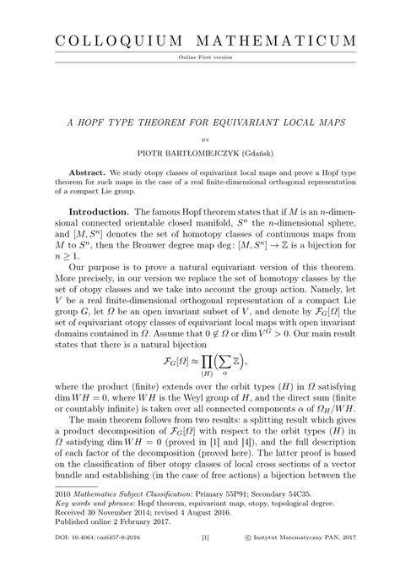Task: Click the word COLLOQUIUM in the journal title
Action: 114,41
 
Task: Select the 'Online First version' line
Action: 200,57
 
